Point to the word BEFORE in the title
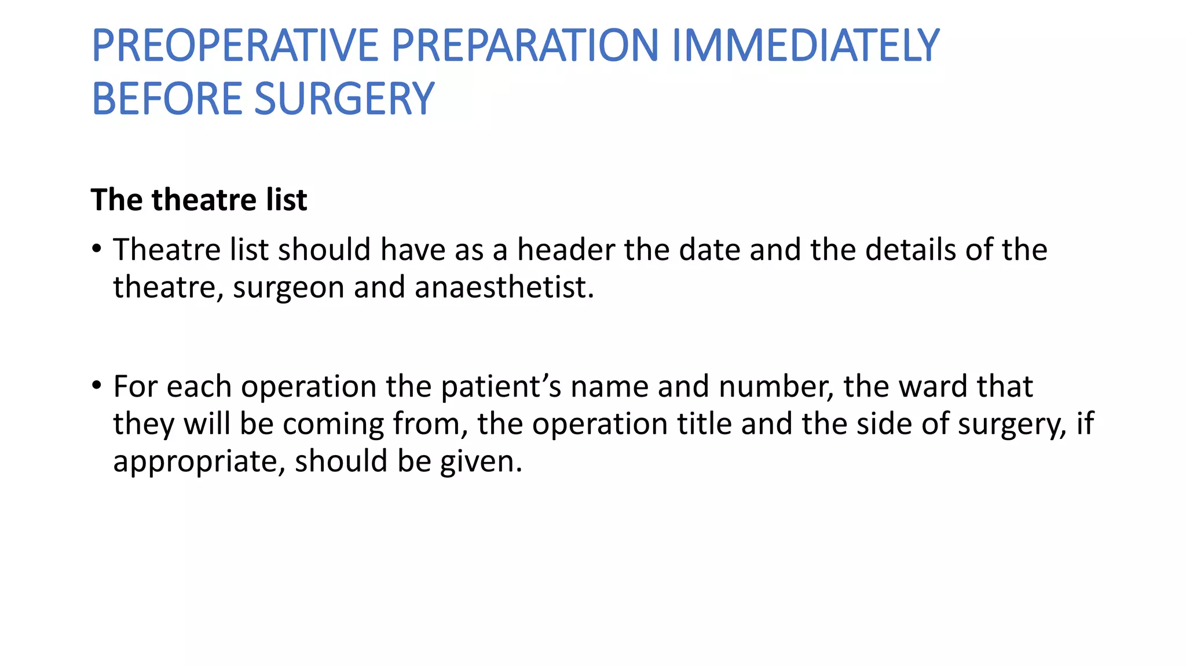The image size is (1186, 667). [x=167, y=98]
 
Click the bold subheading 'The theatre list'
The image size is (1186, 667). [x=199, y=200]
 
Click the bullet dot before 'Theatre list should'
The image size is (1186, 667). [x=97, y=250]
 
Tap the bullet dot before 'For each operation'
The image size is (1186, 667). [x=97, y=386]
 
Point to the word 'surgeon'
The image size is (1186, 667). [x=288, y=288]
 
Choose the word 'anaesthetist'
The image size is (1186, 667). [x=504, y=288]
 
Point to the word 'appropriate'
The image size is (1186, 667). [x=199, y=462]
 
